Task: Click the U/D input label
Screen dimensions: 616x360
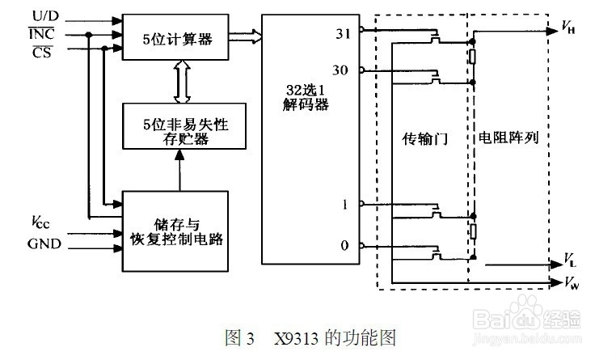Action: pos(45,16)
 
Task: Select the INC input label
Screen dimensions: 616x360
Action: pos(41,34)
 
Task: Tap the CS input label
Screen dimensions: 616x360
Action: pos(42,52)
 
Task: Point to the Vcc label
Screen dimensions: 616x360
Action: pos(40,222)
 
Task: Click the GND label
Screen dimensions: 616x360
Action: pos(44,244)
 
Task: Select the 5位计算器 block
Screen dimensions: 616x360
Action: pos(175,37)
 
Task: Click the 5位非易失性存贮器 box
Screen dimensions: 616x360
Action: pos(184,126)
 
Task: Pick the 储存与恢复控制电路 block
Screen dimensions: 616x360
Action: pos(175,231)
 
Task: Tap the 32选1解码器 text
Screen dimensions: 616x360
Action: pos(306,97)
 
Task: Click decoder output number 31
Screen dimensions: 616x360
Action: pos(343,34)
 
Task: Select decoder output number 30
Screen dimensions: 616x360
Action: pos(340,70)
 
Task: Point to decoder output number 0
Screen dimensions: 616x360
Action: pos(344,246)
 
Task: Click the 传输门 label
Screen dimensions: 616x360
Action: pos(424,138)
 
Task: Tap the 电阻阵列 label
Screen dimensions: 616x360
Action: pos(508,138)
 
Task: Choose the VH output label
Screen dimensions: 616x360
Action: pos(568,28)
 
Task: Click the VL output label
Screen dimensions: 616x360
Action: pos(570,260)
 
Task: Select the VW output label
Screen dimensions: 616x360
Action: pos(572,282)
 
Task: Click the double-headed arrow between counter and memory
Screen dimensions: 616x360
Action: pos(182,82)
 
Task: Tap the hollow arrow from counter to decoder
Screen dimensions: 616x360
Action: pos(245,37)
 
